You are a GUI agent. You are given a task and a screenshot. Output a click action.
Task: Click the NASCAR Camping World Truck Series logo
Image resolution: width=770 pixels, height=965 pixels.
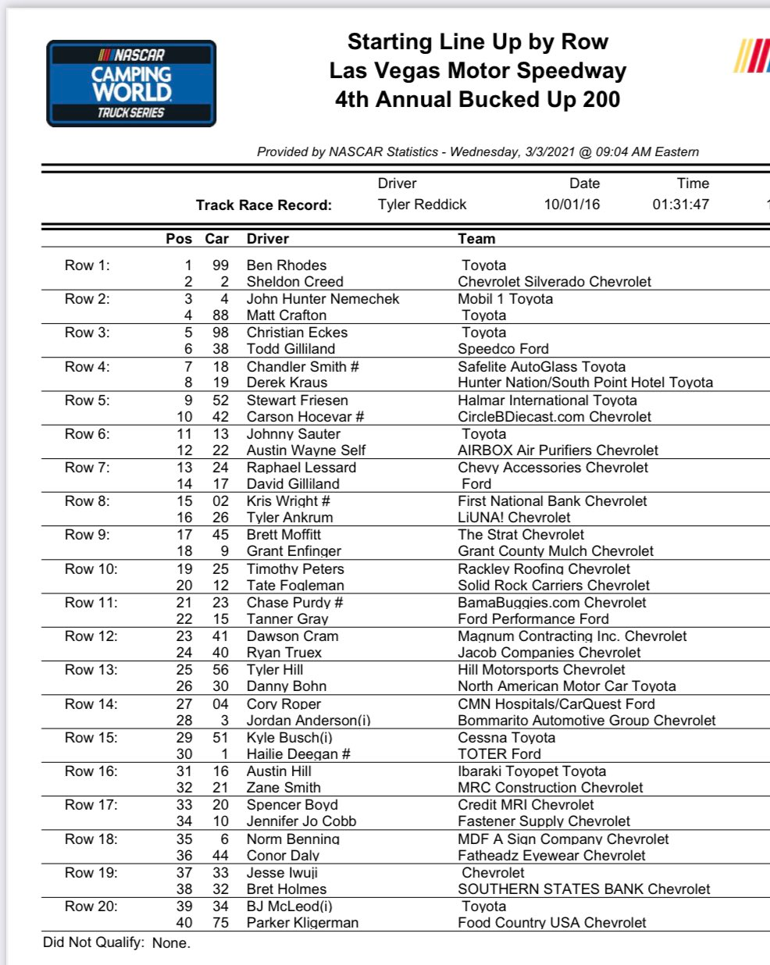pyautogui.click(x=131, y=84)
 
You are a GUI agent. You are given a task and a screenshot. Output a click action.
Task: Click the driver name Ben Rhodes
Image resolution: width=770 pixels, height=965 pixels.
pyautogui.click(x=287, y=265)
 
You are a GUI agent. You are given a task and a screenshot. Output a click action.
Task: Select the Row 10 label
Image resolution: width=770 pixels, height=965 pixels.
pyautogui.click(x=91, y=568)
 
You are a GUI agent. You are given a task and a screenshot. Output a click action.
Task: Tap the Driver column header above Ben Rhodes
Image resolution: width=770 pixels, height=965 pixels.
pyautogui.click(x=268, y=239)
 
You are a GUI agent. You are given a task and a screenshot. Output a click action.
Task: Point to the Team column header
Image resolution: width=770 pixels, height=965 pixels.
pyautogui.click(x=476, y=239)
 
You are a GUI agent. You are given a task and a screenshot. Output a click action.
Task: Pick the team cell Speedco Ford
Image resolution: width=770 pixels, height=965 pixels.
pyautogui.click(x=503, y=349)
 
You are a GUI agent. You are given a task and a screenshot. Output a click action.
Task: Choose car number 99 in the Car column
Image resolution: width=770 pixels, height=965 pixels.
pyautogui.click(x=220, y=265)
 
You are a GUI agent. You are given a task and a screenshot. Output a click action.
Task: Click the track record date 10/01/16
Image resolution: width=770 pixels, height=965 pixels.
pyautogui.click(x=572, y=205)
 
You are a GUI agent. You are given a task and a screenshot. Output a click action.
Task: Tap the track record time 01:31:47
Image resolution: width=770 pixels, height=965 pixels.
pyautogui.click(x=681, y=205)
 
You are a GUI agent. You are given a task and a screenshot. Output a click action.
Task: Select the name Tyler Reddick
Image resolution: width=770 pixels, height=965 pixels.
pyautogui.click(x=422, y=205)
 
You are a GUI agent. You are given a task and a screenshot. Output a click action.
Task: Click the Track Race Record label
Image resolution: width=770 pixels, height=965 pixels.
pyautogui.click(x=264, y=205)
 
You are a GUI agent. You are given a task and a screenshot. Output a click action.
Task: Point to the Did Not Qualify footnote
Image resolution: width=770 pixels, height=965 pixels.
pyautogui.click(x=116, y=942)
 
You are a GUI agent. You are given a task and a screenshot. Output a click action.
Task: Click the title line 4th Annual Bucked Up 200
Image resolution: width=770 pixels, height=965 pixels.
pyautogui.click(x=477, y=100)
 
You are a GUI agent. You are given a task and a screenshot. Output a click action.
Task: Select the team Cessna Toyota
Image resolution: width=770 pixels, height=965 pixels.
pyautogui.click(x=507, y=738)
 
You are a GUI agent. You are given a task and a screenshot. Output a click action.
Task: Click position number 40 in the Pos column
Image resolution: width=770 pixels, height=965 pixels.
pyautogui.click(x=184, y=923)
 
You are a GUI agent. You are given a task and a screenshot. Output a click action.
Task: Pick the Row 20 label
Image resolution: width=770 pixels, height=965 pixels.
pyautogui.click(x=91, y=906)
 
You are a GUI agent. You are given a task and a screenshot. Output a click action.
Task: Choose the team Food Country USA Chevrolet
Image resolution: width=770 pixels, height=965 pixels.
pyautogui.click(x=552, y=923)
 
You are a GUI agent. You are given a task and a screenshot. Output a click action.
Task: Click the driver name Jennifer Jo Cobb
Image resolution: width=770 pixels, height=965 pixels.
pyautogui.click(x=301, y=821)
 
